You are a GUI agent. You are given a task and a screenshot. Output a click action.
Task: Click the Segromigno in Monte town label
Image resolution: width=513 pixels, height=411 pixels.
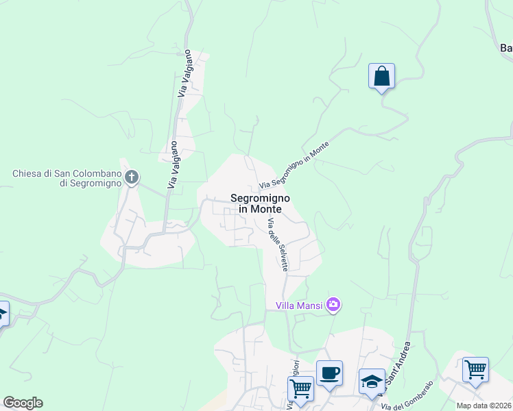[x=260, y=203]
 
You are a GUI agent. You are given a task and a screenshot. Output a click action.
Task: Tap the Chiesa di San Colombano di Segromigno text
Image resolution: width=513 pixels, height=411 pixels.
[x=66, y=178]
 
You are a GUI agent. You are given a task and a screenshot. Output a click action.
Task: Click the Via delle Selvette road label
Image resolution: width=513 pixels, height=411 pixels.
[x=278, y=244]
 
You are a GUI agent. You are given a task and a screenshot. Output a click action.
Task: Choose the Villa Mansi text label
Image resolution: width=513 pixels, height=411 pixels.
[x=300, y=305]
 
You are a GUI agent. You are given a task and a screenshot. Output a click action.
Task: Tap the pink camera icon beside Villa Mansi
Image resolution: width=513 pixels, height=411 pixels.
[x=333, y=304]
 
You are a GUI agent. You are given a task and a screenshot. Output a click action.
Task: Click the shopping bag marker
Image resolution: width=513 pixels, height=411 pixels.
[x=381, y=76]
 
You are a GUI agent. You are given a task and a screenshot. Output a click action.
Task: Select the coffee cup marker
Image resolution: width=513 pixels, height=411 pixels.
[x=329, y=373]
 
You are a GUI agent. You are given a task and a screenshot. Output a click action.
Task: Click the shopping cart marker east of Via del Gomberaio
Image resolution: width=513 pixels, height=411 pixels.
[x=475, y=370]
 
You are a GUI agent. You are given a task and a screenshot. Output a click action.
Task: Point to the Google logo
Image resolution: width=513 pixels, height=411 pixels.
[x=23, y=403]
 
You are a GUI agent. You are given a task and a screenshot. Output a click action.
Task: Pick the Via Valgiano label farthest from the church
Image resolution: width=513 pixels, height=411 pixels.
[x=184, y=77]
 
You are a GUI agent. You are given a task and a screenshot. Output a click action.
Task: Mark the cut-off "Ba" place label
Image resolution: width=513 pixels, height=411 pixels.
[x=506, y=48]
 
